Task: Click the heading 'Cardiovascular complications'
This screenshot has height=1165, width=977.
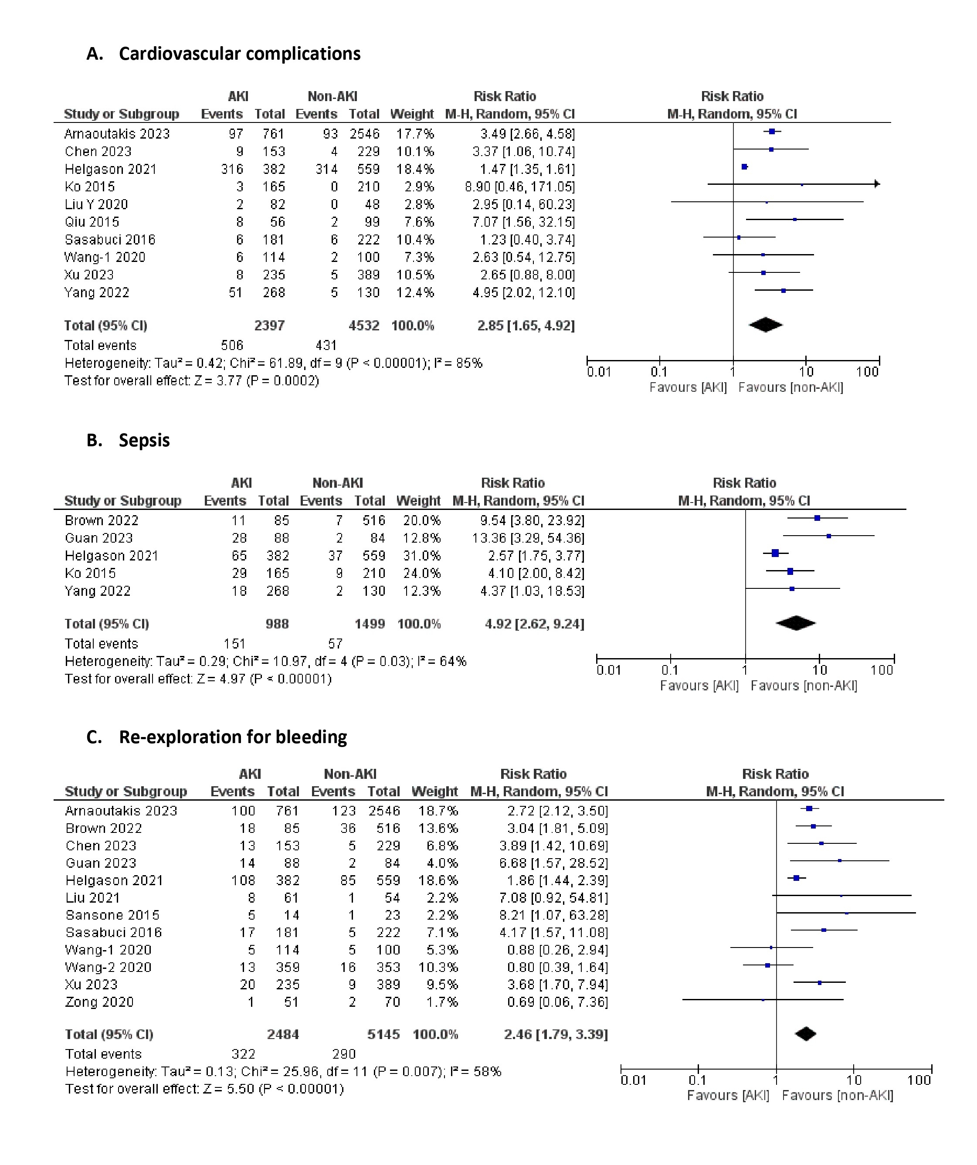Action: click(x=239, y=54)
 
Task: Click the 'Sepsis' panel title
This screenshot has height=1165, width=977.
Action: click(x=144, y=441)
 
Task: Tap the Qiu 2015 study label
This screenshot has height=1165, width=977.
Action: click(x=92, y=222)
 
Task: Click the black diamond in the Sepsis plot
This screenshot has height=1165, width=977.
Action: click(x=796, y=624)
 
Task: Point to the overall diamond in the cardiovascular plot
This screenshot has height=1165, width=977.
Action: click(x=765, y=325)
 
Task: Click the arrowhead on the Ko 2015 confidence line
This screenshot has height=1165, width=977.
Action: click(x=877, y=183)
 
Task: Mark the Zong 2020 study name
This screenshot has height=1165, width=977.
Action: click(x=99, y=1002)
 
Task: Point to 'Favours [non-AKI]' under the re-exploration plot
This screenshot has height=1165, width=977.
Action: click(x=837, y=1096)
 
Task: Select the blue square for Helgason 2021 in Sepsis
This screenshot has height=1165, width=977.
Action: click(x=775, y=553)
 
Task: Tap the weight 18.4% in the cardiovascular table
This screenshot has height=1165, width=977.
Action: click(x=414, y=169)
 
